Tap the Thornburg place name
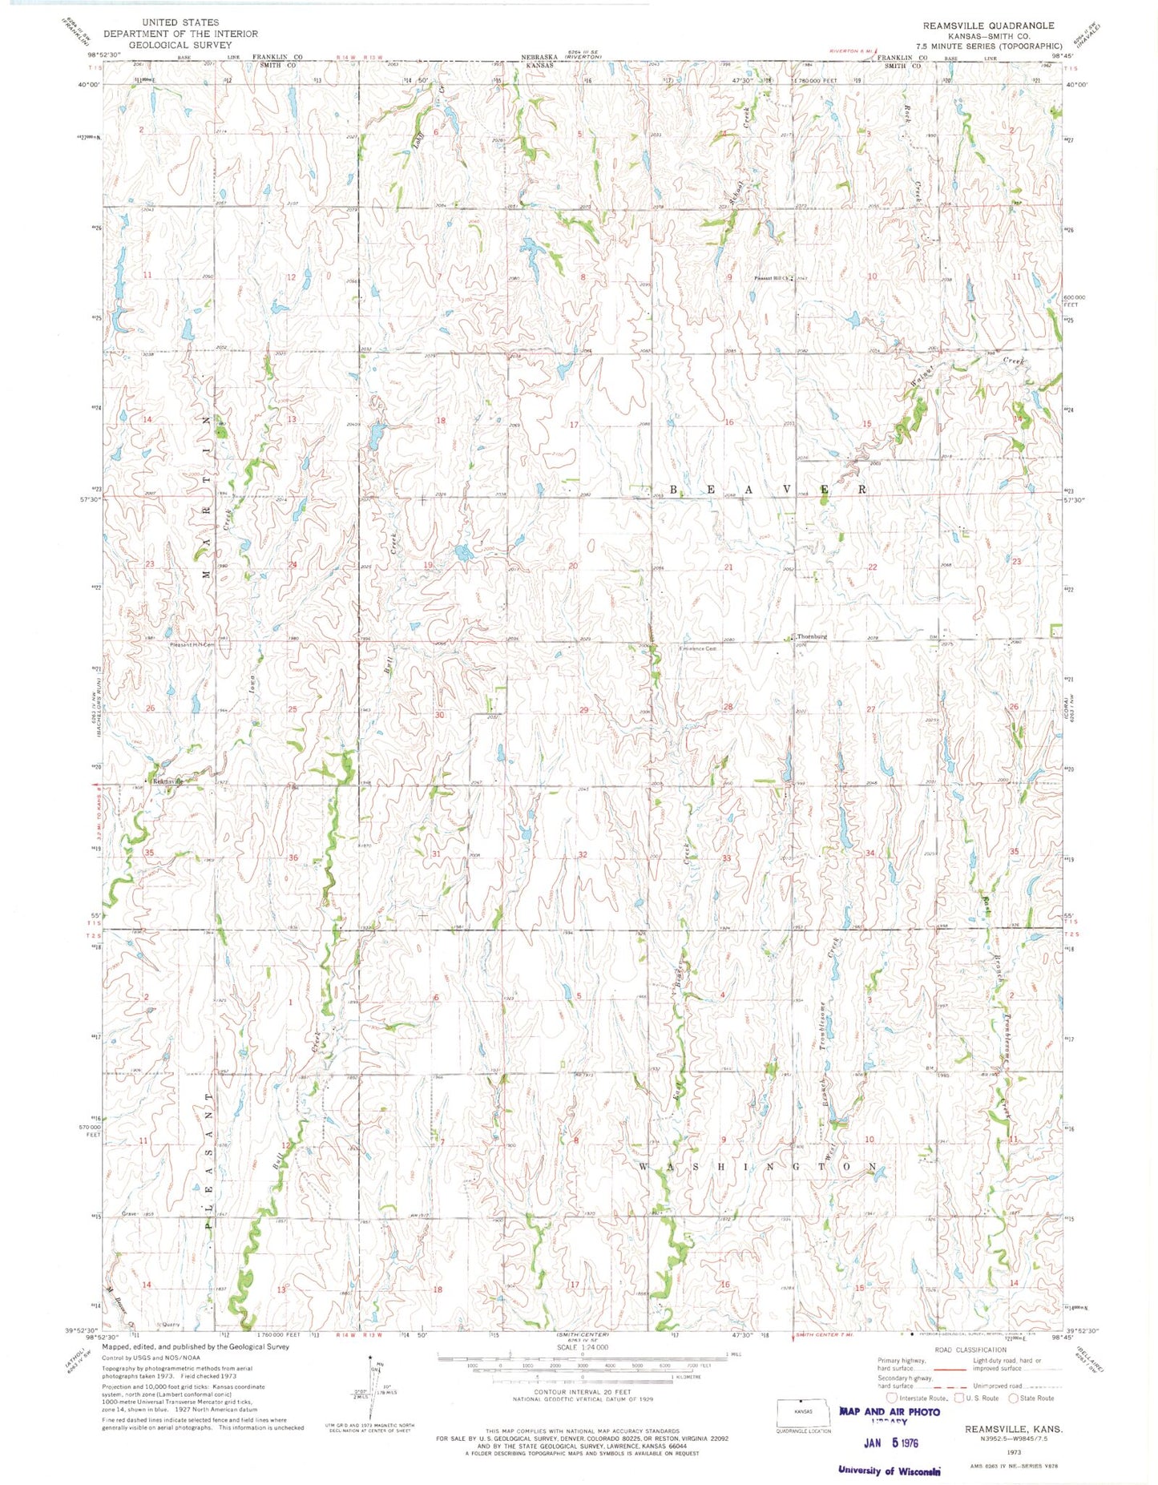point(811,636)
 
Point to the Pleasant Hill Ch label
point(770,279)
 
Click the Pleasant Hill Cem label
point(192,644)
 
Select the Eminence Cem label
point(698,648)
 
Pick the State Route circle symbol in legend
point(1014,1398)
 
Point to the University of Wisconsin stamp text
point(888,1470)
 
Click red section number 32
point(583,854)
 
